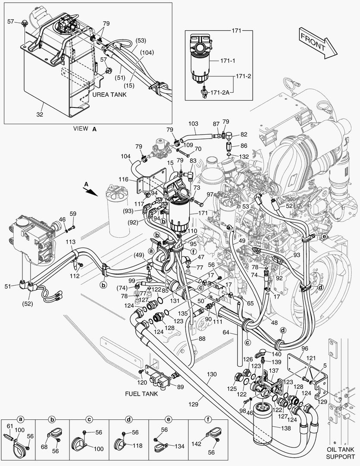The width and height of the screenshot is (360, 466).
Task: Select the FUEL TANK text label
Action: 141,394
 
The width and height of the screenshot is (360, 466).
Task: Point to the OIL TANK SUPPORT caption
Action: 340,453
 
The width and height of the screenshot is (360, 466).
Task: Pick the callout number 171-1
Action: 228,61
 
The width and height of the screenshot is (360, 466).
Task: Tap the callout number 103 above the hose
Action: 193,124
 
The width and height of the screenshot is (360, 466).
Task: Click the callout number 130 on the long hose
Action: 211,374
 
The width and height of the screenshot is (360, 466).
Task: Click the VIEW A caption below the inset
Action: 85,128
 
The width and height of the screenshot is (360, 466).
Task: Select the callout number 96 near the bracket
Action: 304,349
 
